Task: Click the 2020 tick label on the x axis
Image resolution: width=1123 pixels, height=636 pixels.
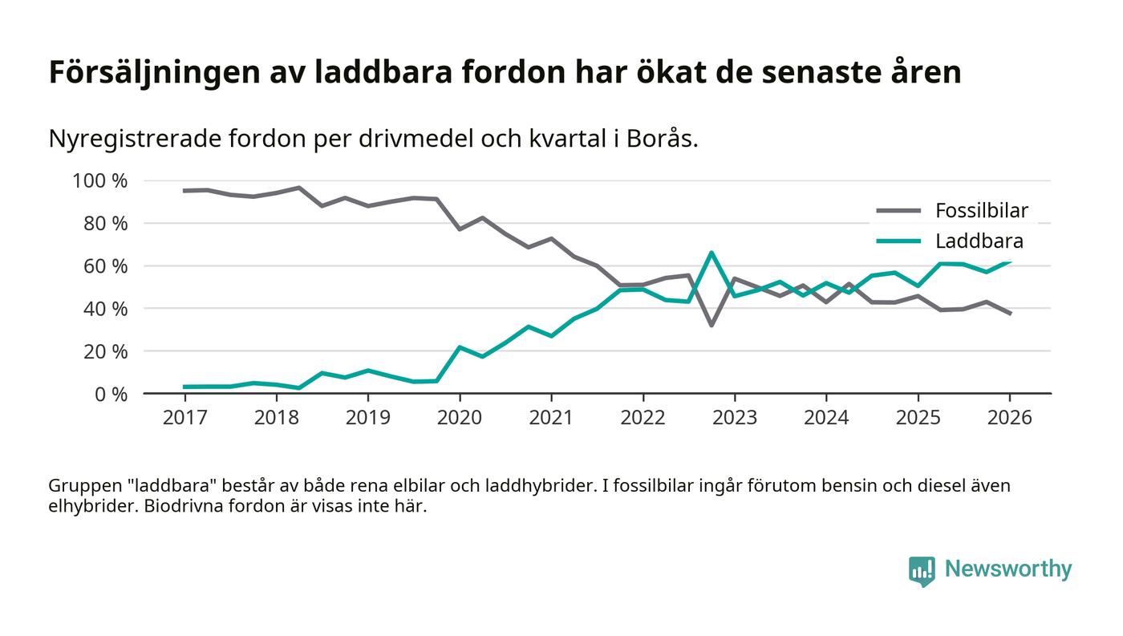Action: point(460,418)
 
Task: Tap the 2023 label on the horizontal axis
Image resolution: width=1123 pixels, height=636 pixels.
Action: point(734,418)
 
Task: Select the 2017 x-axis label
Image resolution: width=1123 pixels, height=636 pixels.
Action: point(184,418)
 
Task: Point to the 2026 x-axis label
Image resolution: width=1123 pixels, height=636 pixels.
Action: point(1009,418)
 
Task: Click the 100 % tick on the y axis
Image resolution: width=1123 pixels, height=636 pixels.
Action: point(99,180)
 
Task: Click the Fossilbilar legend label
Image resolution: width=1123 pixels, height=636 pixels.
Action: point(981,211)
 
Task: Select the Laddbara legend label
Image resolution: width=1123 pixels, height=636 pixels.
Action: point(979,241)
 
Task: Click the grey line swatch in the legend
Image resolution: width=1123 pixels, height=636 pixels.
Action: point(898,211)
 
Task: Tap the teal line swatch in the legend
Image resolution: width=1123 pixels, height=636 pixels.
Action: point(898,241)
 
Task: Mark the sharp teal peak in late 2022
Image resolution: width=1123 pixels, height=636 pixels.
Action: point(711,253)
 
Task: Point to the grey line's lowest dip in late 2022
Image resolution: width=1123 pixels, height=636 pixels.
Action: point(711,325)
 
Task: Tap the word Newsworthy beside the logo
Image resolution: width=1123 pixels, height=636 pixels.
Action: point(1007,569)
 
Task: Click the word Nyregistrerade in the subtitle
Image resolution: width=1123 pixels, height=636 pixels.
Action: point(133,139)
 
